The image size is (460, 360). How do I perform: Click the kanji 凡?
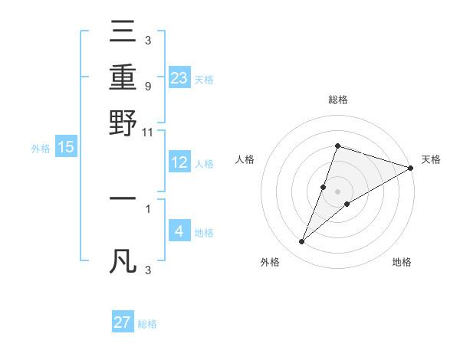123,260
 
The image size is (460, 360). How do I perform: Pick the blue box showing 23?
179,79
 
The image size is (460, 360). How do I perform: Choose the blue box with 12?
179,162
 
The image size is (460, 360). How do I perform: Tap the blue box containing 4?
179,231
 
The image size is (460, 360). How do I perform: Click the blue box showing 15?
66,148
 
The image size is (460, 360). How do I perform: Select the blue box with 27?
123,322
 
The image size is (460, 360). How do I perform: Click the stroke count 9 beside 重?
147,87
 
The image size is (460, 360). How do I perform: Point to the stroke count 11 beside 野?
148,133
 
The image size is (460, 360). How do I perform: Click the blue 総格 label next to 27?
147,324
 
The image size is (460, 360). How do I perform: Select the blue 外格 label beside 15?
41,149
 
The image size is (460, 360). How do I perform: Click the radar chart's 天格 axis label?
431,159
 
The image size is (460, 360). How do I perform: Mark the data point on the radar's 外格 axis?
302,242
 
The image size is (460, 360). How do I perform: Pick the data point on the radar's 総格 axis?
337,146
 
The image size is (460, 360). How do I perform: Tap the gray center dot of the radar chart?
337,191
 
